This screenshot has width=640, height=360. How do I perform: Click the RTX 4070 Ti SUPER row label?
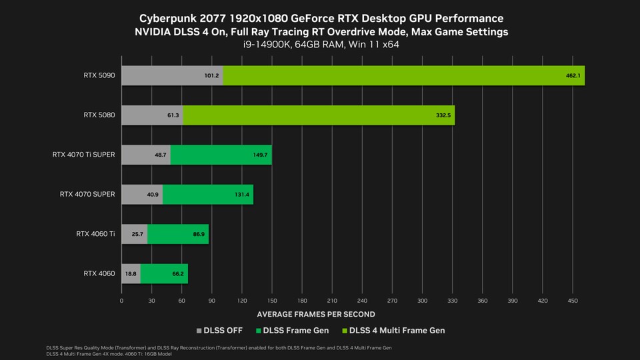83,155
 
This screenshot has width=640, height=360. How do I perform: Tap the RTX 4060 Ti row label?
95,234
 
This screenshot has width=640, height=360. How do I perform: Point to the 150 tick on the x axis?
271,301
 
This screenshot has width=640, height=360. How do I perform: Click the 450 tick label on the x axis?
572,301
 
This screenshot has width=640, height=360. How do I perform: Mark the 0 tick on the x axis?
121,301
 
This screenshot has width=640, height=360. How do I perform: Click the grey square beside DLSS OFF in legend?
198,331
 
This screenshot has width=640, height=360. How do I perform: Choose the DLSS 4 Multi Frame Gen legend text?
398,331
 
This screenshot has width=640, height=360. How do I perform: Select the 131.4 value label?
241,195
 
